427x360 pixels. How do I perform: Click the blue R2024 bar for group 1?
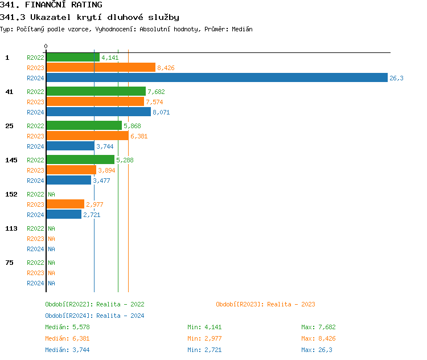tap(216, 78)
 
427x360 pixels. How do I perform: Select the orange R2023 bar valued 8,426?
tap(101, 68)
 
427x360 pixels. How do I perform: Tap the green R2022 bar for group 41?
tap(96, 92)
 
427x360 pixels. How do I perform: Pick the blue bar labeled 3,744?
tap(70, 146)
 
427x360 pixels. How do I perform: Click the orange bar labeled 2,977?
tap(65, 204)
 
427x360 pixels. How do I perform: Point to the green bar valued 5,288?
tap(80, 160)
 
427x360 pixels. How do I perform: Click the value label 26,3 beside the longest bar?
tap(396, 78)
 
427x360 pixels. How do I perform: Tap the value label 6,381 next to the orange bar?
tap(139, 136)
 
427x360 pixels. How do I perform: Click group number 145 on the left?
tap(11, 160)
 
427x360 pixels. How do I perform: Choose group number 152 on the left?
tap(11, 194)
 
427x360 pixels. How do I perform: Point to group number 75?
tap(9, 263)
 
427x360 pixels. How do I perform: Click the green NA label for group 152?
tap(51, 194)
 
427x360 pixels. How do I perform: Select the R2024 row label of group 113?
tap(35, 249)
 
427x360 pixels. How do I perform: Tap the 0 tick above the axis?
tap(46, 46)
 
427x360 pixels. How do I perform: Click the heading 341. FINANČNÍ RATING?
tap(51, 5)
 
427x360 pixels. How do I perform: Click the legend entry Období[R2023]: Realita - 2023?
tap(265, 304)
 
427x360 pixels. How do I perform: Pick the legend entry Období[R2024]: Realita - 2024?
tap(95, 316)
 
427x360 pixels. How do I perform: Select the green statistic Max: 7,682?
tap(318, 327)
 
